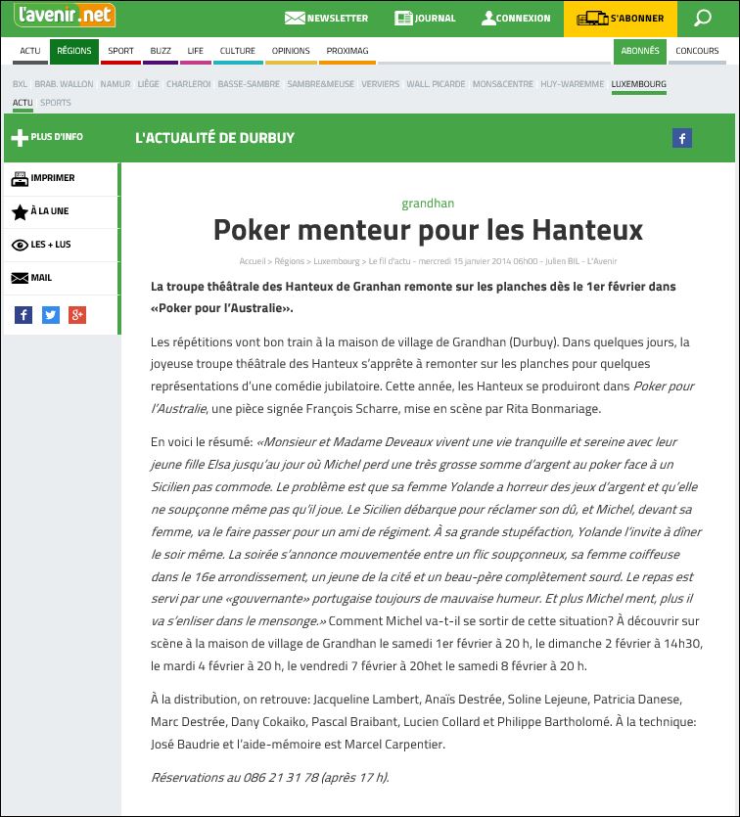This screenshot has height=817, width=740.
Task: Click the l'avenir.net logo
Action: [x=65, y=17]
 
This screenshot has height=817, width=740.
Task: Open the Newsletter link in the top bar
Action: [x=326, y=18]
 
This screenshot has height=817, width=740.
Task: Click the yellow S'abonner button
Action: [x=621, y=18]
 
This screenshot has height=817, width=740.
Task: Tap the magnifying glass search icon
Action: [x=702, y=18]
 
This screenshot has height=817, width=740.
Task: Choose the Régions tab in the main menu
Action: [x=73, y=51]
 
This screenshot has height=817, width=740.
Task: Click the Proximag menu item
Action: [x=347, y=51]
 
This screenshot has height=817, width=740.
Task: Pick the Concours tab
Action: [x=697, y=51]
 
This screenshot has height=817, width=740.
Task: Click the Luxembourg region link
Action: [x=638, y=84]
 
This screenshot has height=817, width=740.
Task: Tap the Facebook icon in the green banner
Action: [x=681, y=138]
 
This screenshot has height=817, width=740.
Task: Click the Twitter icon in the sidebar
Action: [x=51, y=315]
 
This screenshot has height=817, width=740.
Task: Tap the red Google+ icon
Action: [x=77, y=315]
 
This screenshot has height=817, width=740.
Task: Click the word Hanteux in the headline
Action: [x=587, y=230]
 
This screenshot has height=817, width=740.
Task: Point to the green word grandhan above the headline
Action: [x=428, y=204]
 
